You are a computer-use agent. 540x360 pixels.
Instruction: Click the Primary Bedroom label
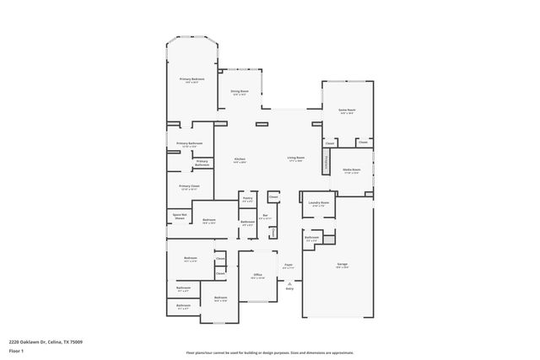tap(192, 79)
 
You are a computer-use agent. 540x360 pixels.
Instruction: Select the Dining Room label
tap(240, 91)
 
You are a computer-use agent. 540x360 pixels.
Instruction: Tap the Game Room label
tap(347, 110)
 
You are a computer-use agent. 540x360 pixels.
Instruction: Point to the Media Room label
tap(352, 170)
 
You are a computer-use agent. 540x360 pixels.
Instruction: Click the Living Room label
tap(295, 158)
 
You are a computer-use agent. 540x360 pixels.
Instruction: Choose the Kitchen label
tap(240, 159)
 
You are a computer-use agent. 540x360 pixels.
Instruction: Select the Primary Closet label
tap(189, 186)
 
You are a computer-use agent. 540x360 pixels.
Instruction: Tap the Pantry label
tap(247, 201)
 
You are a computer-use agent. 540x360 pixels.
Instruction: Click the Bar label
tap(265, 217)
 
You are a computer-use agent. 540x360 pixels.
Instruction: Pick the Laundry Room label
tap(318, 203)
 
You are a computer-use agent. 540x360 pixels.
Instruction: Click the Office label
tap(258, 276)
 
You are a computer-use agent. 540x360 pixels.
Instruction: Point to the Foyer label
tap(288, 266)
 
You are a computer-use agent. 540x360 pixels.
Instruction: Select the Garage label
tap(343, 266)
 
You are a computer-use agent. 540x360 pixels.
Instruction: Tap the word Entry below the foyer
tap(289, 288)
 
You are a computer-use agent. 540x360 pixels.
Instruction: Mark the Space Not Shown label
tap(179, 216)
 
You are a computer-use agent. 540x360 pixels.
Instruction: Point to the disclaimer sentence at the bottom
tap(270, 352)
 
